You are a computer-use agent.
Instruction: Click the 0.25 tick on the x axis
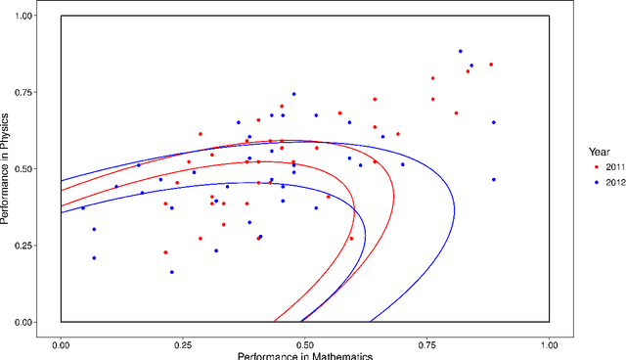[x=184, y=345]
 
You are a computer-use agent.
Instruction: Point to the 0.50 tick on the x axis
[x=305, y=345]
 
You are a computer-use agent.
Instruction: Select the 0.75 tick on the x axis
[x=427, y=345]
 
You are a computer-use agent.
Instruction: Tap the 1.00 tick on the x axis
[x=550, y=345]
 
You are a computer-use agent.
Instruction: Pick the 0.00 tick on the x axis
[x=62, y=345]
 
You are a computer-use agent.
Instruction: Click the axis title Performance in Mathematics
[x=305, y=355]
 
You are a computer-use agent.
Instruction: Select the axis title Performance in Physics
[x=7, y=168]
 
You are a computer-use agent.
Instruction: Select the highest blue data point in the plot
[x=460, y=51]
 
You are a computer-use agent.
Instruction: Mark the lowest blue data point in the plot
[x=172, y=272]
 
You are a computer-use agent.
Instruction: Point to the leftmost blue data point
[x=82, y=207]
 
